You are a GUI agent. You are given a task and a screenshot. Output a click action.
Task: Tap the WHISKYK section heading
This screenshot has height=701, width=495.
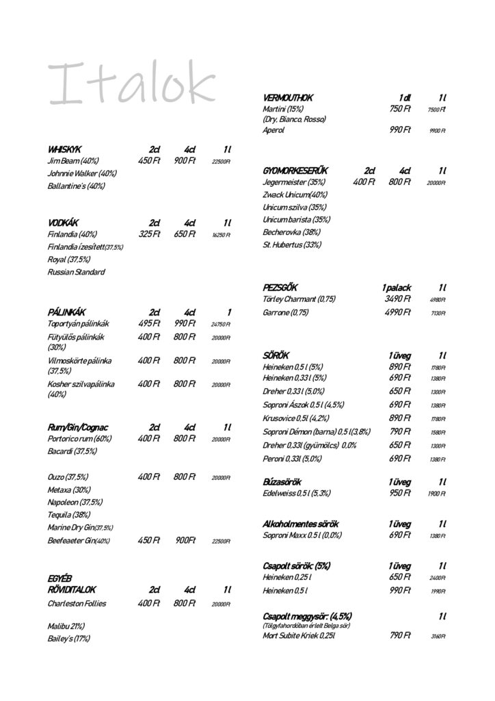coord(64,149)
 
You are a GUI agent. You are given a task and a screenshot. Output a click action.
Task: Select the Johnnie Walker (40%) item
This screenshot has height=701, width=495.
coord(82,173)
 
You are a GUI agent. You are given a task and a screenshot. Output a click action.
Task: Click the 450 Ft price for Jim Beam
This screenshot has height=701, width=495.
coord(149,161)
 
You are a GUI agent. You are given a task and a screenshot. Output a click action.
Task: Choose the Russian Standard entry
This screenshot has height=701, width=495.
coord(76,272)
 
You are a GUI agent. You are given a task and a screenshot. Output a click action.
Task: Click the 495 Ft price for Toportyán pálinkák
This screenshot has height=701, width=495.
coord(149,323)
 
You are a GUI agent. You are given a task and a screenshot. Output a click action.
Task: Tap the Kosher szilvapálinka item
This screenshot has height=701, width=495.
coord(80,384)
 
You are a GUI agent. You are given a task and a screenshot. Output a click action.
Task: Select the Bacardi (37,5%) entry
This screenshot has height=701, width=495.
coord(72,451)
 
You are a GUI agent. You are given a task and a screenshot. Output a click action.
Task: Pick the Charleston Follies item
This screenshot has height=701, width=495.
coord(77,603)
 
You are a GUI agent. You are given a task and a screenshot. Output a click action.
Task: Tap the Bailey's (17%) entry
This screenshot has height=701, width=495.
coord(68,638)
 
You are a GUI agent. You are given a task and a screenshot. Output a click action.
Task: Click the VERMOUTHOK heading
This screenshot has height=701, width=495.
coord(287,98)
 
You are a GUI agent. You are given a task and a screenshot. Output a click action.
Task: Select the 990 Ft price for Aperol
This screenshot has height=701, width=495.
coord(399,129)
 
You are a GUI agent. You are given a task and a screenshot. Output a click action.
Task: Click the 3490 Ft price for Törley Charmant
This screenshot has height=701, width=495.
coord(397,298)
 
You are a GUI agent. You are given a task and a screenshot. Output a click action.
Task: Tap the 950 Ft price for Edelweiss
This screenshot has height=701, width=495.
coord(399,493)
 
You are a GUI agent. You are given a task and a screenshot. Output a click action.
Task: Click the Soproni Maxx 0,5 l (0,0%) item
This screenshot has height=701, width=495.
coord(302,535)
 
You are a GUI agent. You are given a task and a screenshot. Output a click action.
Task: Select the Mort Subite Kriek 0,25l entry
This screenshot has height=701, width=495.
coord(299,635)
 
